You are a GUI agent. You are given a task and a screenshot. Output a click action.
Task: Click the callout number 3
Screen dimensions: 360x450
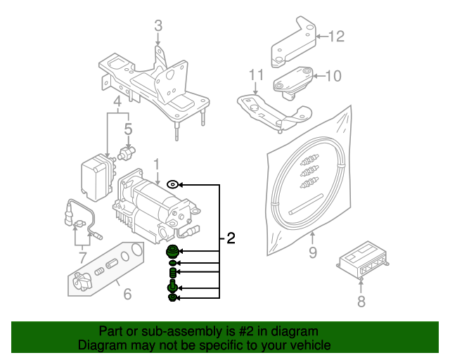[x=158, y=26]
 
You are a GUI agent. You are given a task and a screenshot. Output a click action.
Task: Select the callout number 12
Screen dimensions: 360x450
[x=337, y=36]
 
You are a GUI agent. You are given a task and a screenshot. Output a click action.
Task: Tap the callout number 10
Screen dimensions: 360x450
[x=333, y=75]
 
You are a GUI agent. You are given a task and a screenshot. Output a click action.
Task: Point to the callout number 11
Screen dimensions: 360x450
[x=255, y=75]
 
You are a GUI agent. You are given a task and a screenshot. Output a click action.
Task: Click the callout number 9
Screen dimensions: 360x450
[x=312, y=252]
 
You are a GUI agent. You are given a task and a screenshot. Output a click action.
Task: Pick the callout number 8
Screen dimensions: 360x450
[x=361, y=302]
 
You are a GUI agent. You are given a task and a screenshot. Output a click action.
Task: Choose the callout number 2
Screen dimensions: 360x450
[x=231, y=239]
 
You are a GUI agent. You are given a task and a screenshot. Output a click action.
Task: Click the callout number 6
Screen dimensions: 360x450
[x=127, y=293]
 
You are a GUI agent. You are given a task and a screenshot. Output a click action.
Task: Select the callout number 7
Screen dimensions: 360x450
[x=82, y=257]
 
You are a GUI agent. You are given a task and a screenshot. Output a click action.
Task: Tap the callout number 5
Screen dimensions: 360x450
[x=128, y=129]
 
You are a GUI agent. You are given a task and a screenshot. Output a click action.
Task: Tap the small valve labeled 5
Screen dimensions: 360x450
[x=128, y=152]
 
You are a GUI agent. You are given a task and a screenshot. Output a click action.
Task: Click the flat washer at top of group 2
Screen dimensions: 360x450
[x=172, y=184]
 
